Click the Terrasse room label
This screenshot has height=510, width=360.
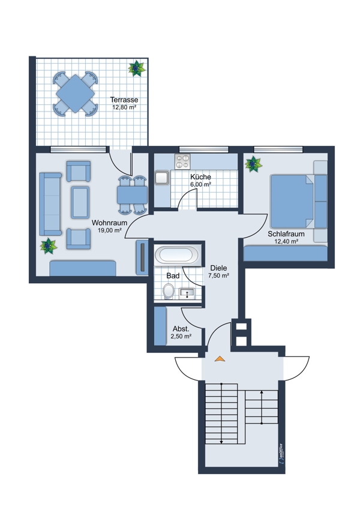[124, 100]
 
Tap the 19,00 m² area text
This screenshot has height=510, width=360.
[110, 230]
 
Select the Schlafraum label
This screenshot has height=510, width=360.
[286, 234]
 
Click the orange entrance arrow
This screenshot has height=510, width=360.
[220, 359]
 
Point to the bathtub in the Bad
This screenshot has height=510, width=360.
[176, 254]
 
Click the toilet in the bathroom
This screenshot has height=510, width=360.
[169, 290]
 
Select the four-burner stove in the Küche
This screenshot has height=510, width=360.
[182, 161]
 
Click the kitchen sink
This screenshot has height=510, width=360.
[161, 178]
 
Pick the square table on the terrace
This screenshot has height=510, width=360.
[75, 94]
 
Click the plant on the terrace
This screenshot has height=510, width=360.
[137, 68]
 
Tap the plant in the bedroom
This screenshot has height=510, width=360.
[253, 164]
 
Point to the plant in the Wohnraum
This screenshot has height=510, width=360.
[49, 246]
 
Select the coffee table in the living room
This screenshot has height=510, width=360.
[80, 202]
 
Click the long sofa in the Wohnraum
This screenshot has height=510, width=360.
[50, 204]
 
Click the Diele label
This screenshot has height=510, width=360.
[218, 268]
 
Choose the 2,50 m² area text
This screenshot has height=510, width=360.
[181, 337]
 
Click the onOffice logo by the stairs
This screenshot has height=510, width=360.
[281, 454]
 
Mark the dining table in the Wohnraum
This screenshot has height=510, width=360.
[132, 195]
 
